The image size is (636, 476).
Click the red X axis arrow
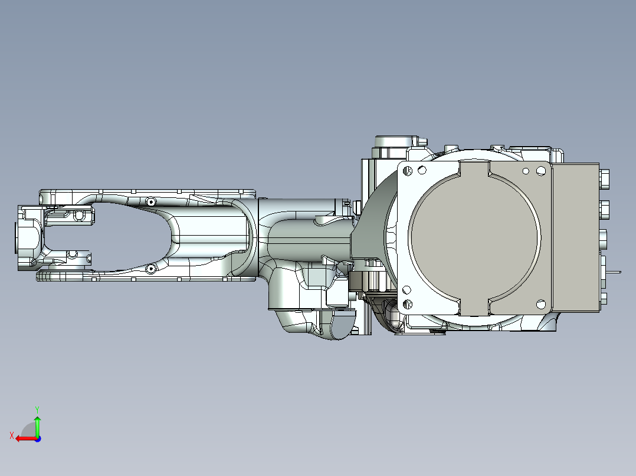point(24,438)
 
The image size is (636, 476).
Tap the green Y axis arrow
point(37,425)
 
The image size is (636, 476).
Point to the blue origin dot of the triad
point(37,438)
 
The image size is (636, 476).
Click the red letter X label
point(11,435)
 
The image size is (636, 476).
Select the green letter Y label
point(37,408)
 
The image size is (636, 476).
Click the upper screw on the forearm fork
point(151,201)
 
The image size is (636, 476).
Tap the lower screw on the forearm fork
point(150,269)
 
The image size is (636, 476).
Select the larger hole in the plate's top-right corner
point(540,171)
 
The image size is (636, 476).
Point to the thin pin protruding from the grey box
point(616,272)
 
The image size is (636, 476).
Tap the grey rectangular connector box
point(575,236)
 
